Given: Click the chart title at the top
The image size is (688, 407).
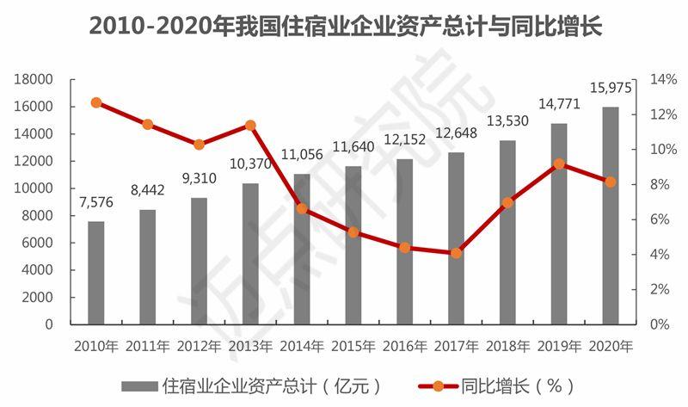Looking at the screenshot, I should point(344,27).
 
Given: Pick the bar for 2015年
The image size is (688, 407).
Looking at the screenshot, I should point(353,245).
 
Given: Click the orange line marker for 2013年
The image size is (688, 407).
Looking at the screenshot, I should point(250,125).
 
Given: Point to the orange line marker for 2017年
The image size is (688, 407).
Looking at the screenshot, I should point(456,253).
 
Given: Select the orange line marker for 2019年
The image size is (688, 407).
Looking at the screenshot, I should point(559,163).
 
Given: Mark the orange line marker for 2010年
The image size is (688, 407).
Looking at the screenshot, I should point(96,102).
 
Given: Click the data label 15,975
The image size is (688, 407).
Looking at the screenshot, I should point(610,88).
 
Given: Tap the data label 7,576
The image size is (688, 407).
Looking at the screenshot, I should point(96,203).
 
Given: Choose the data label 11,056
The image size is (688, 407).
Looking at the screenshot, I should point(301,155).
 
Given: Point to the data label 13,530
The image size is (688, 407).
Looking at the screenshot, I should point(507,120).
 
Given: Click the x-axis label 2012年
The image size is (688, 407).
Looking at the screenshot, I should point(199,347).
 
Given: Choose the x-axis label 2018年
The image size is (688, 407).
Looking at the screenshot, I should point(507,347).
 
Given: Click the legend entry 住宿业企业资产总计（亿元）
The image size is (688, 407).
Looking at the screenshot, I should point(249,385).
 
